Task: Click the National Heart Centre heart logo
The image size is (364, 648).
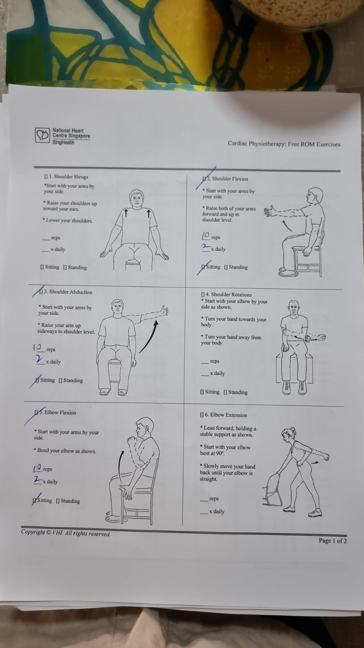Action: pyautogui.click(x=43, y=135)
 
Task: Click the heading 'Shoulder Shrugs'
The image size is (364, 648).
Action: pyautogui.click(x=71, y=177)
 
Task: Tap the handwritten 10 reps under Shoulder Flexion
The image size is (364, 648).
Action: pyautogui.click(x=206, y=236)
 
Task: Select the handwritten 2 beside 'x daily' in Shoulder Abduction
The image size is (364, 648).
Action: pyautogui.click(x=39, y=359)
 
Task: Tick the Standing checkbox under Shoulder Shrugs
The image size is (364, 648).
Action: pyautogui.click(x=65, y=267)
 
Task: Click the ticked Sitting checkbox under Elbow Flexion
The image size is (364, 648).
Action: pyautogui.click(x=35, y=500)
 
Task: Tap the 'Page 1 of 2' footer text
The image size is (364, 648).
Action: pyautogui.click(x=332, y=540)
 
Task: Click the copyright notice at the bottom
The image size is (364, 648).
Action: pyautogui.click(x=66, y=533)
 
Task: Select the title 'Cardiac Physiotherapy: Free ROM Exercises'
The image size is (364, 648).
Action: pyautogui.click(x=284, y=144)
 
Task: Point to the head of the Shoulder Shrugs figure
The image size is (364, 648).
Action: pyautogui.click(x=137, y=199)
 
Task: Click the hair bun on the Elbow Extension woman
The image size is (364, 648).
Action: pyautogui.click(x=293, y=429)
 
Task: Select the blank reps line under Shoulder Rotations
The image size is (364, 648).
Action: pyautogui.click(x=205, y=363)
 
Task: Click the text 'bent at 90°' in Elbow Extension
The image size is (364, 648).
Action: pyautogui.click(x=213, y=453)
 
